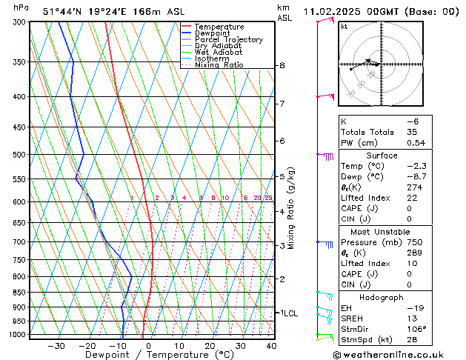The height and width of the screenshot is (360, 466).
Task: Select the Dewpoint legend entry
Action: click(216, 33)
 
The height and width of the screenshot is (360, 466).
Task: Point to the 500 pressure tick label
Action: click(20, 155)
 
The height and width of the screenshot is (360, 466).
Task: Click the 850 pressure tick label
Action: click(20, 293)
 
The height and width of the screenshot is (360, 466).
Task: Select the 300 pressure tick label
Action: click(20, 22)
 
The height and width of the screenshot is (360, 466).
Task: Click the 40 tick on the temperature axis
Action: click(271, 346)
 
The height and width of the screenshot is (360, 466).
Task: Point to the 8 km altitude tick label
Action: click(282, 66)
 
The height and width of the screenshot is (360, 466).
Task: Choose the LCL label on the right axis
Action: click(290, 313)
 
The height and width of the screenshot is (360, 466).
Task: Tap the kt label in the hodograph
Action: click(344, 27)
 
